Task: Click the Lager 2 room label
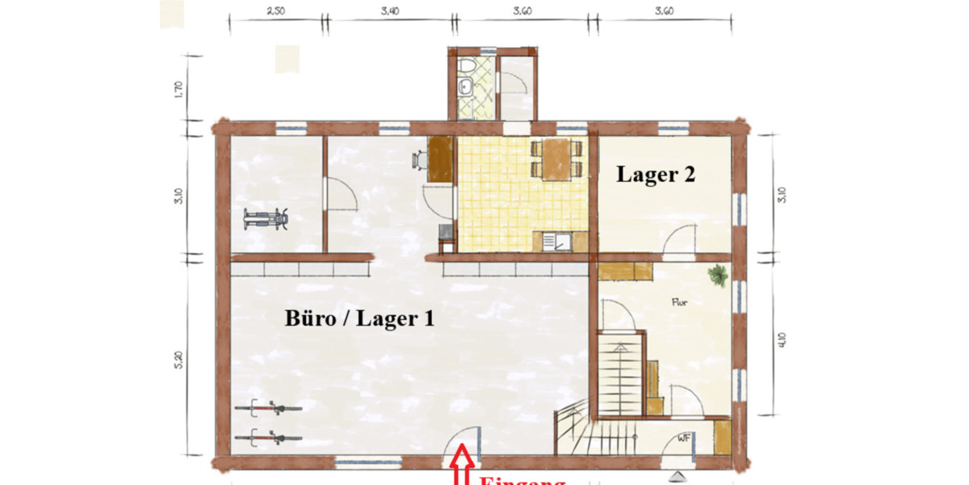656,175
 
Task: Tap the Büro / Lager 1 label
359,318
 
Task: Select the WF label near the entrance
684,439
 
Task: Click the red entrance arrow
462,468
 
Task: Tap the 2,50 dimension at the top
275,12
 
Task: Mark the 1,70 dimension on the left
179,89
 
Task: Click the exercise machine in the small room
266,218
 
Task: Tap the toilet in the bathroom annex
467,65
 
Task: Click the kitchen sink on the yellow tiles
556,240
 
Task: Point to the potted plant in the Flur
717,276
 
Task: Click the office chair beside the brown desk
419,160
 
